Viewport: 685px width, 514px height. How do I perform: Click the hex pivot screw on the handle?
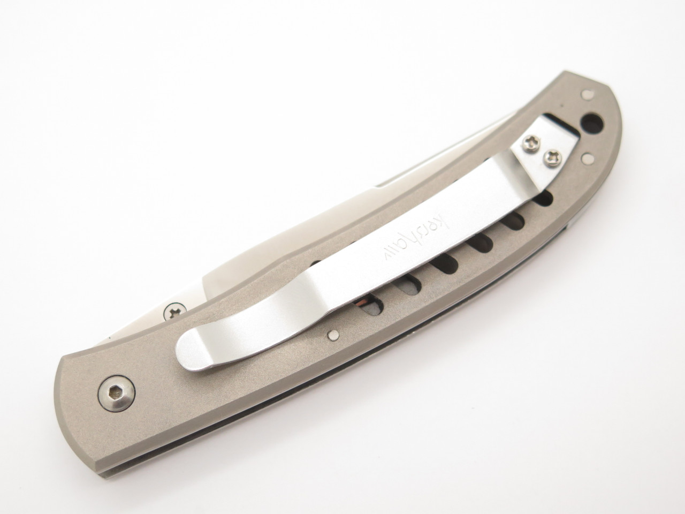(117, 394)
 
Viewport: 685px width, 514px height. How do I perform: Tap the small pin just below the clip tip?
(333, 336)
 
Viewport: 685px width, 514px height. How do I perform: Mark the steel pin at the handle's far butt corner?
(587, 93)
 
